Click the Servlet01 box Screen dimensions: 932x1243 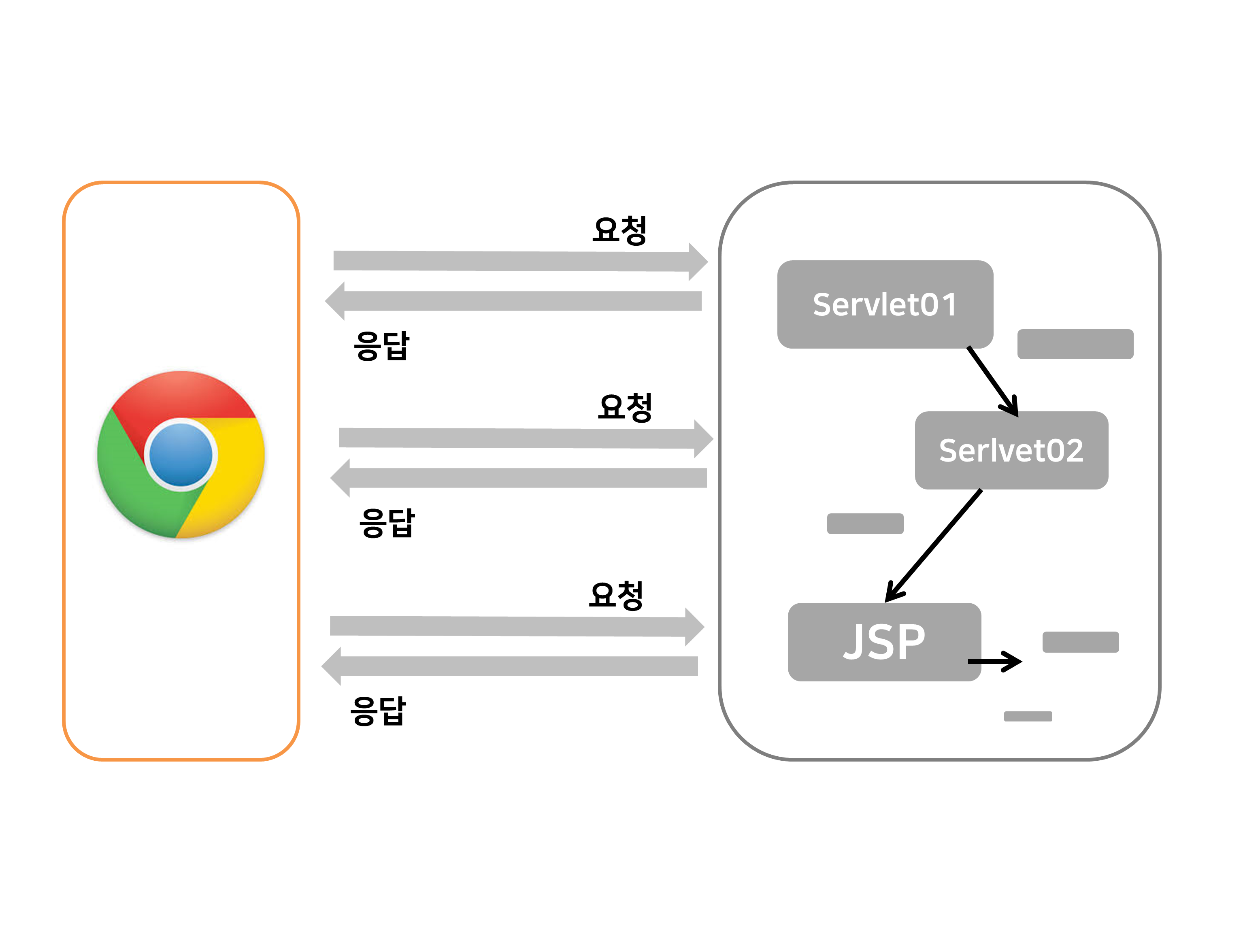pos(885,304)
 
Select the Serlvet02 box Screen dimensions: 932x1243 pos(1011,450)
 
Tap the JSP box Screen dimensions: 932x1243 pos(884,642)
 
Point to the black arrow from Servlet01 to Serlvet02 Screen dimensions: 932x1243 pos(992,381)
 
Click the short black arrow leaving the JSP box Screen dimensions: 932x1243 pos(994,661)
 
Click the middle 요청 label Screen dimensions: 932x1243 pos(624,407)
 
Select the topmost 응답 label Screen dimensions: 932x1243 pos(381,345)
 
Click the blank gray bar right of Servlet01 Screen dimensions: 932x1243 pos(1075,344)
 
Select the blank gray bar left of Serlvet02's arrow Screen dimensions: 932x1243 pos(865,523)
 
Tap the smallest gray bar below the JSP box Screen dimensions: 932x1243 pos(1028,716)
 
